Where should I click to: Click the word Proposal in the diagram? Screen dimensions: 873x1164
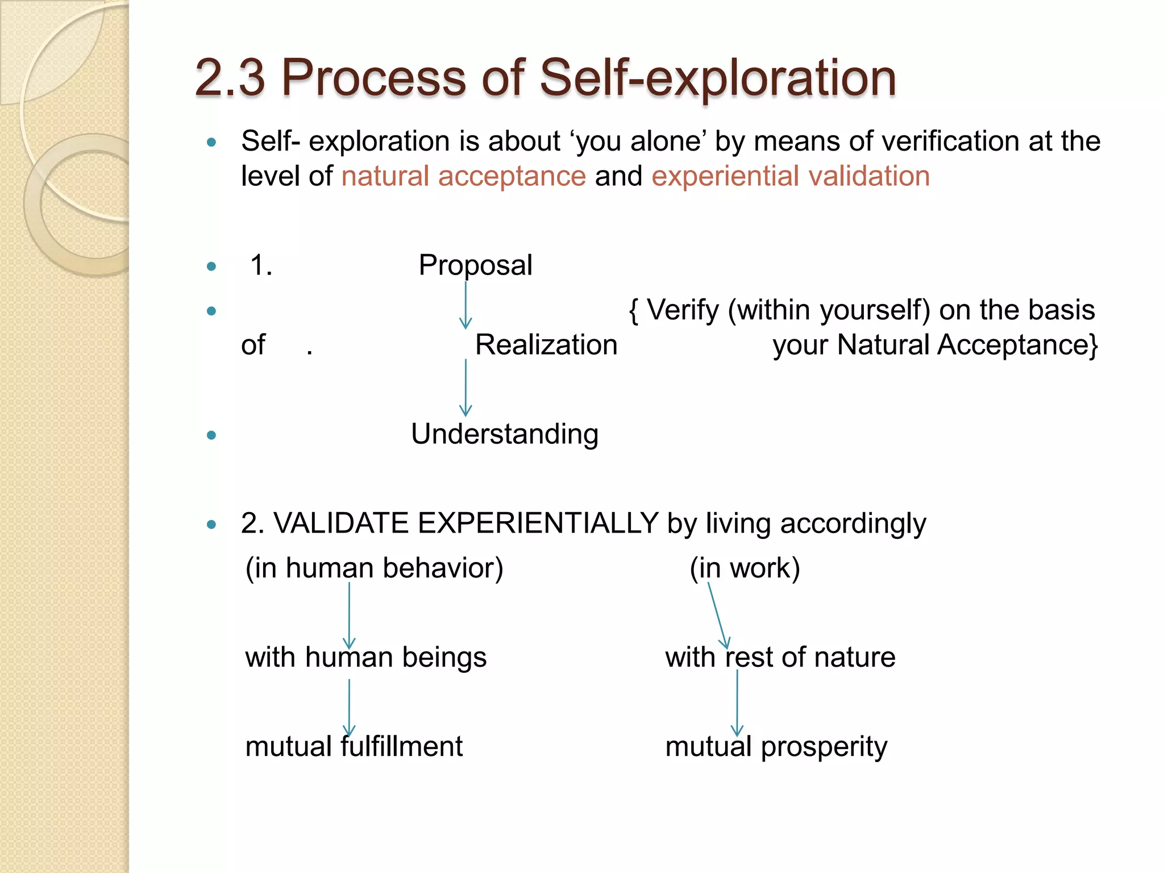[x=475, y=265]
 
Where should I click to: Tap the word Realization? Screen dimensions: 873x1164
[x=546, y=345]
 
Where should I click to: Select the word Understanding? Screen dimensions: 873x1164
[x=505, y=434]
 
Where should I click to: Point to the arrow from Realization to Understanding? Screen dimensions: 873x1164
[x=465, y=388]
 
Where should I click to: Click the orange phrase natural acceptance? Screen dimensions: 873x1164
[x=463, y=176]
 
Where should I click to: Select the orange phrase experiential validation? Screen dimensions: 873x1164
[x=790, y=176]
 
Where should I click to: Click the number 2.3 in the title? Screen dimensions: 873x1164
[x=230, y=78]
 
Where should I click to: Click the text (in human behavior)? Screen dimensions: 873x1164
[x=374, y=568]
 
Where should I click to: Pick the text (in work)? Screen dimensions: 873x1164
[x=745, y=568]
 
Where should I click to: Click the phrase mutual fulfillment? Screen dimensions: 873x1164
[x=354, y=747]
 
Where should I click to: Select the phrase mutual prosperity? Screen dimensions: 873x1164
[x=776, y=747]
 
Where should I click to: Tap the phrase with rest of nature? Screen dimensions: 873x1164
[x=780, y=658]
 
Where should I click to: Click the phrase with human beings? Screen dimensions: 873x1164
[x=365, y=658]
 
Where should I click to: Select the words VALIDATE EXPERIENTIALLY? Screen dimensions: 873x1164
[x=465, y=523]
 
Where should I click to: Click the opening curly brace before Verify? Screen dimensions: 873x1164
[x=634, y=311]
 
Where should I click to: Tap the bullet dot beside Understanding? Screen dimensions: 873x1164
[x=211, y=435]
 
